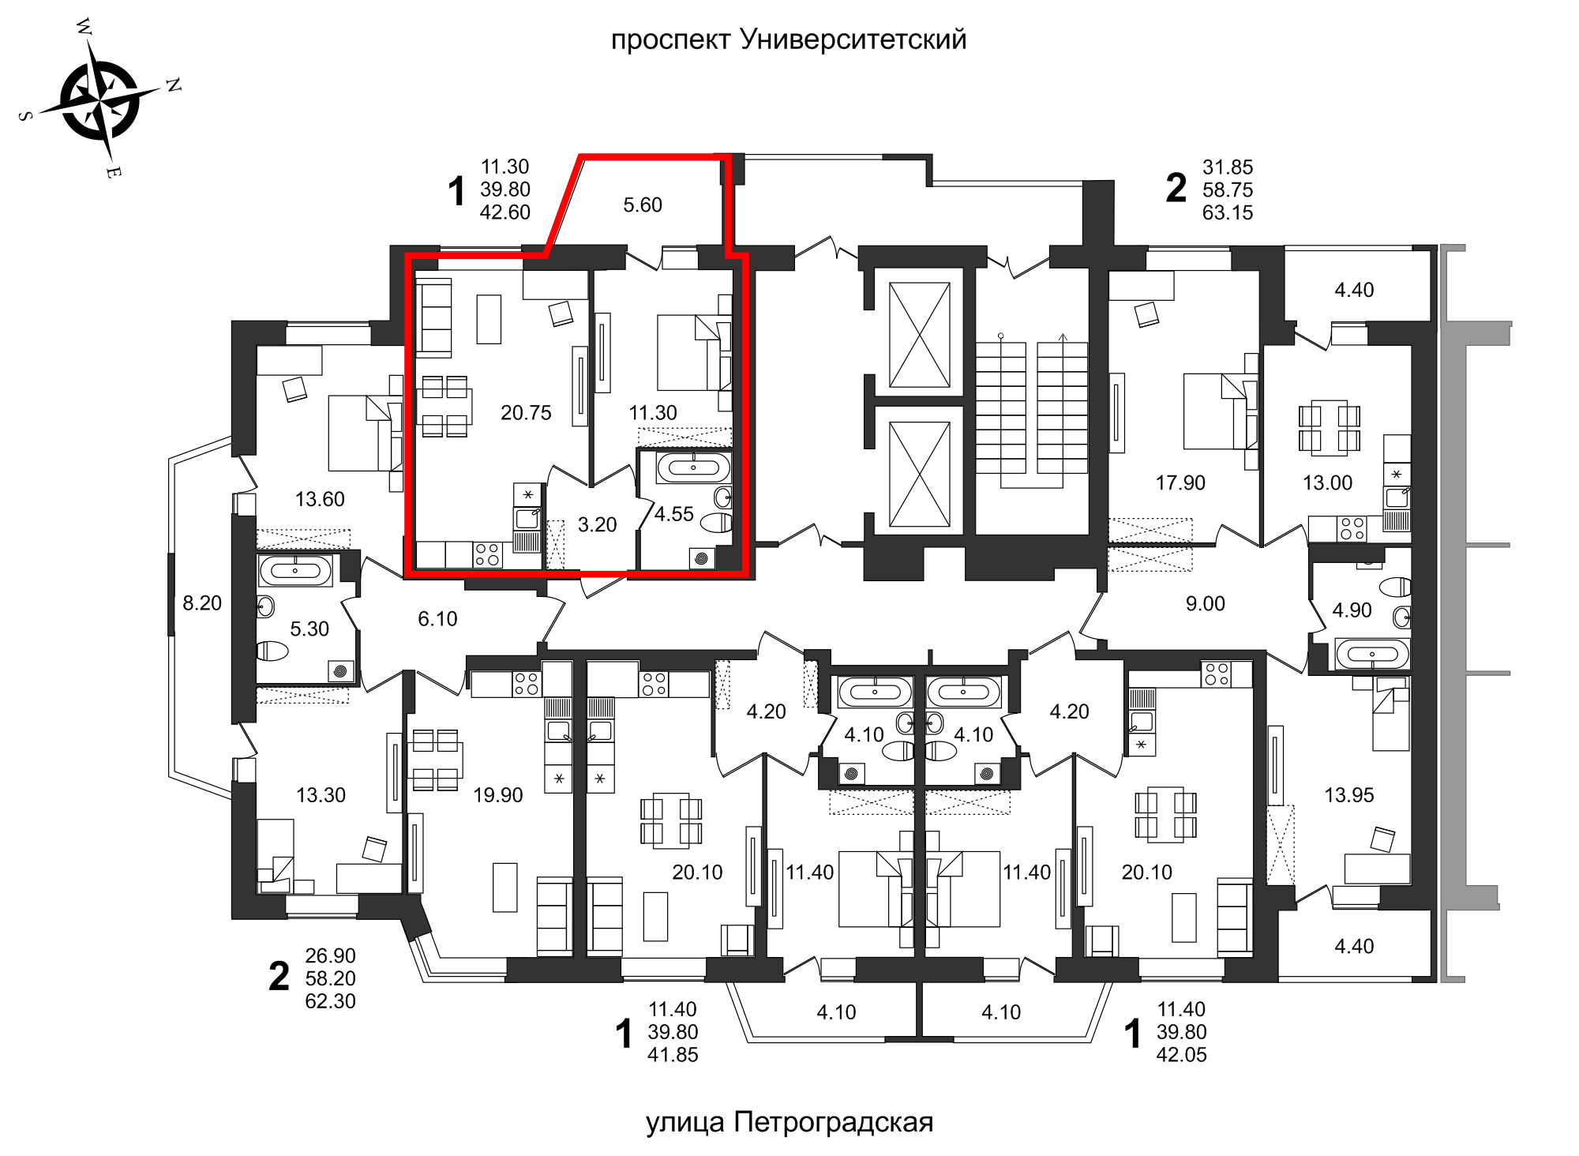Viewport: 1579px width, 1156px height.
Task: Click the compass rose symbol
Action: click(x=100, y=100)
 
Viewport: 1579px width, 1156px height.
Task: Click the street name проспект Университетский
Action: click(x=788, y=39)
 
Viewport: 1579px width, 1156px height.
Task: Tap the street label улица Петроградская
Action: click(x=789, y=1121)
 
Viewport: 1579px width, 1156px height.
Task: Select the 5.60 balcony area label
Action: click(x=642, y=205)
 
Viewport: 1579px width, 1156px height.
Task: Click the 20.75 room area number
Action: click(x=526, y=413)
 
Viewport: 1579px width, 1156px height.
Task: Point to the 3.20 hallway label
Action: click(x=597, y=525)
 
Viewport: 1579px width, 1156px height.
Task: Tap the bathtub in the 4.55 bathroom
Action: click(x=693, y=467)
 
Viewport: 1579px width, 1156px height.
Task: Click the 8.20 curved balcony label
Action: click(x=202, y=603)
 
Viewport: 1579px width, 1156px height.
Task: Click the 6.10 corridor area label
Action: click(x=437, y=619)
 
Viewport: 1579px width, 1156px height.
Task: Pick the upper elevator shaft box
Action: click(x=919, y=335)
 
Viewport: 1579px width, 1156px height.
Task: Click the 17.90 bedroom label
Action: click(x=1180, y=482)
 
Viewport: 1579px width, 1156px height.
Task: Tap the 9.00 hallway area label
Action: click(x=1205, y=604)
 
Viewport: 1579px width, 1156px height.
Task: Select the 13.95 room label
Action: click(x=1348, y=795)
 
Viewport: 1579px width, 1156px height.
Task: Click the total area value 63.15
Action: click(x=1227, y=212)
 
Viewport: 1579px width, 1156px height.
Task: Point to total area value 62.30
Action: click(x=330, y=1001)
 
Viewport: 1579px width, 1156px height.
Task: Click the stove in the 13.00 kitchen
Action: click(x=1352, y=529)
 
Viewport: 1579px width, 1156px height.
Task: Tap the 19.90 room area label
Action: click(x=497, y=795)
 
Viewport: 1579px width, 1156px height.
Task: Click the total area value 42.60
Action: click(x=504, y=212)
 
